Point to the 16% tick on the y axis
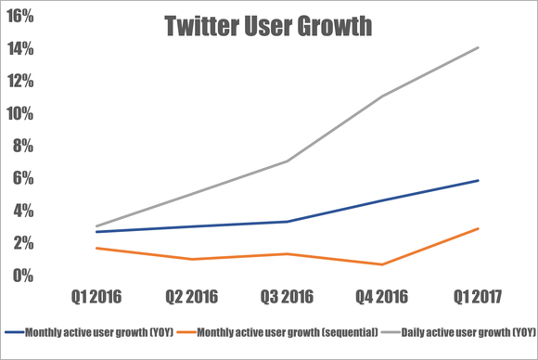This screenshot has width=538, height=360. coord(21,17)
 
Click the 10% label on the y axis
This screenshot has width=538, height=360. coord(21,114)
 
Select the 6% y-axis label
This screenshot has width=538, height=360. coord(25,179)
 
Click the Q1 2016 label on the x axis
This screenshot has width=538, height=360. coord(96,298)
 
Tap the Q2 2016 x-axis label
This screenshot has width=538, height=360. coord(192,298)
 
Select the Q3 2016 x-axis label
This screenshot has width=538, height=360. coord(288,298)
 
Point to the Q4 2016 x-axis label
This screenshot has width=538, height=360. coord(382,298)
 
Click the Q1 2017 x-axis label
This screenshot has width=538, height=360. coord(478,298)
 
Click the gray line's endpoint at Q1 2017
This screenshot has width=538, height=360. coord(478,47)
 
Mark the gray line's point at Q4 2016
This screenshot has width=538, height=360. coord(382,96)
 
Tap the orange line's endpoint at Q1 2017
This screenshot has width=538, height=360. coord(478,228)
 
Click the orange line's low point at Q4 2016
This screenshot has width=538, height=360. coord(382,264)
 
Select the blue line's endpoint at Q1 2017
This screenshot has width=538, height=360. coord(478,180)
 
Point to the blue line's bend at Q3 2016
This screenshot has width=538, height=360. coord(288,222)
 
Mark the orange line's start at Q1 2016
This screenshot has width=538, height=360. coord(96,248)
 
